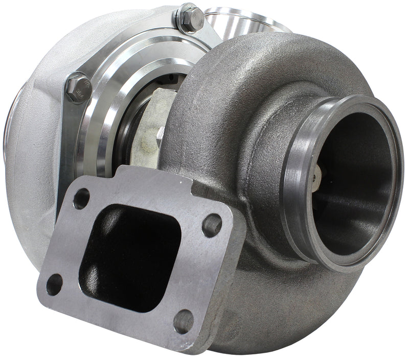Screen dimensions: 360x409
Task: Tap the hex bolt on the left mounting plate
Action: [78, 87]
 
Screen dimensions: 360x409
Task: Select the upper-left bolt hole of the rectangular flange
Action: [81, 199]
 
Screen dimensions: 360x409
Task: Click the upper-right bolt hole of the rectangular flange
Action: [212, 225]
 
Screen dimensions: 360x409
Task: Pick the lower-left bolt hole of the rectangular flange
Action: [54, 284]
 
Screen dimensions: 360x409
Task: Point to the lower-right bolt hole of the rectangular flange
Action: [184, 321]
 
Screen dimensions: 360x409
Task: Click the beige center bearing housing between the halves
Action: [151, 133]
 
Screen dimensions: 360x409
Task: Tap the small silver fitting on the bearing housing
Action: [160, 133]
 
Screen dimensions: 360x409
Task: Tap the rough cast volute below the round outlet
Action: [286, 306]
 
